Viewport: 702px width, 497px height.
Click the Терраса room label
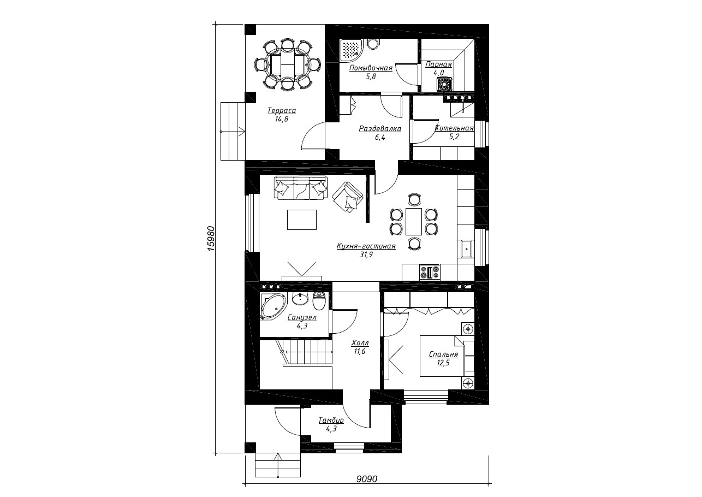click(282, 111)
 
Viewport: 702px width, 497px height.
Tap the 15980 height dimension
click(211, 238)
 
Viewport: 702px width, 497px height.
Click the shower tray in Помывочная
click(350, 50)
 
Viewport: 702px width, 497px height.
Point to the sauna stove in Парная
click(444, 84)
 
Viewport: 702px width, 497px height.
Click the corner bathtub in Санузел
click(272, 306)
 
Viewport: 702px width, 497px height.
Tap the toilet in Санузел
click(319, 300)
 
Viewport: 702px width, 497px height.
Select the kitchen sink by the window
click(467, 249)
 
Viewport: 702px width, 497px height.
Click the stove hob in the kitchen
click(430, 272)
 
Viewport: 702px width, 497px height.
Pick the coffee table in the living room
click(302, 220)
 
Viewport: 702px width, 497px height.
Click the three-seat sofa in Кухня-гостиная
click(301, 187)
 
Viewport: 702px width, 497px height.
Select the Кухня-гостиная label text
click(366, 246)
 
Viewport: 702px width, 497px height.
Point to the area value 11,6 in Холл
click(360, 352)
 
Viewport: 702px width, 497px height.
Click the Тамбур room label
click(331, 420)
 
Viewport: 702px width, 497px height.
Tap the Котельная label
click(454, 128)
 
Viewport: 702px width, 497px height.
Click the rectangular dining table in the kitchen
click(414, 221)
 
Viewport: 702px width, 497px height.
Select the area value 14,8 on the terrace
click(282, 119)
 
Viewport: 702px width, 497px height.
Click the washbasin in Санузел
click(300, 298)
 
